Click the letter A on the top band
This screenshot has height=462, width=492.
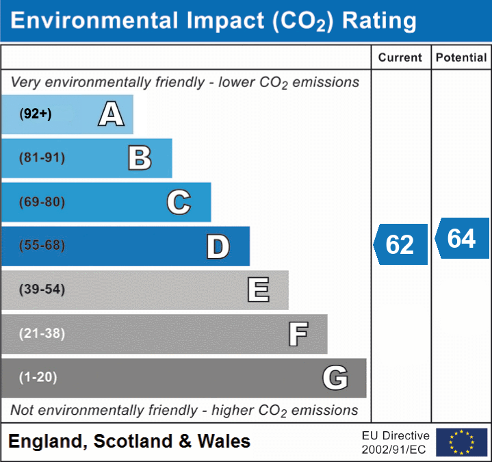(x=111, y=114)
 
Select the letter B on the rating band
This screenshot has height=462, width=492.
(x=140, y=158)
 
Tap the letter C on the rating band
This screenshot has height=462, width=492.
(x=179, y=202)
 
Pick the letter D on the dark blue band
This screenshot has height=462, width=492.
(x=218, y=246)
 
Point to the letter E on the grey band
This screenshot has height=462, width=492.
(x=258, y=290)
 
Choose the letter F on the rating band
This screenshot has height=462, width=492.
(x=298, y=334)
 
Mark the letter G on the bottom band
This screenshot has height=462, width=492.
(x=335, y=378)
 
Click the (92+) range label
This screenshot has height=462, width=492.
(x=36, y=114)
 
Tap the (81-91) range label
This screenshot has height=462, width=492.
(x=42, y=158)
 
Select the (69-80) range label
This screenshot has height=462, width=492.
(x=42, y=202)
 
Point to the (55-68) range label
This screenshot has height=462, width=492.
(x=42, y=246)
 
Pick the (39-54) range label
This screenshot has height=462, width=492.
(x=42, y=290)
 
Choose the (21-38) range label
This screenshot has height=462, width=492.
(x=42, y=333)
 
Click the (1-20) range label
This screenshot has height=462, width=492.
(x=38, y=377)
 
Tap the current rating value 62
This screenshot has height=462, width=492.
(x=400, y=244)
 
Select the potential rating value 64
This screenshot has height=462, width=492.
(x=462, y=238)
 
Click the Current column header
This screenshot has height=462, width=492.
(x=400, y=58)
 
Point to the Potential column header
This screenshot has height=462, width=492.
(x=461, y=58)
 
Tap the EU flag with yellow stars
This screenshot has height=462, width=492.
(x=461, y=442)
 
